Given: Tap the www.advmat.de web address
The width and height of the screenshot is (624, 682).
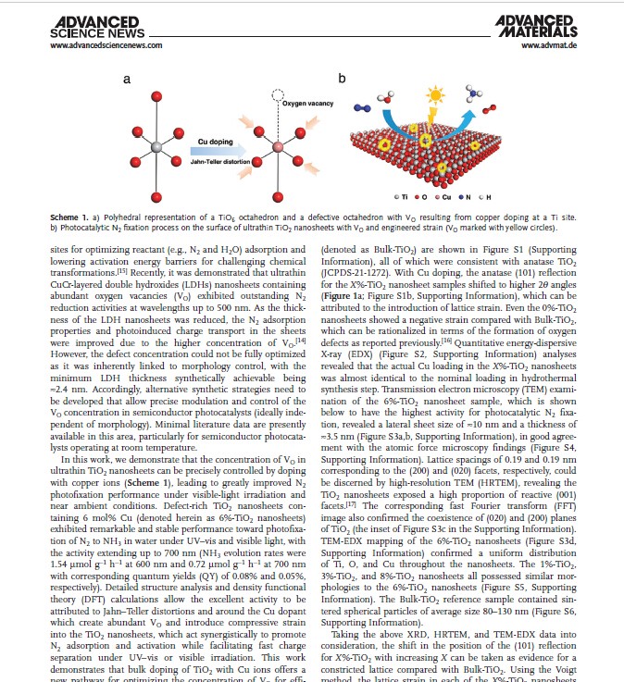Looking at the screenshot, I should point(549,44).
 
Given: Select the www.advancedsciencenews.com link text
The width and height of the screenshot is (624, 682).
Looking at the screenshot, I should point(106,44).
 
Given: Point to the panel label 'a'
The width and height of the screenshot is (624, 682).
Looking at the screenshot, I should point(127,80).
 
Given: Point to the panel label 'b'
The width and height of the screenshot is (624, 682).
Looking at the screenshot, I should point(342,80).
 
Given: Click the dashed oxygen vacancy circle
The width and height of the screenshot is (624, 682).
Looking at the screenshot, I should point(276,95).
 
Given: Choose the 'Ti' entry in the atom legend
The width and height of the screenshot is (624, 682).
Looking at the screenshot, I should point(404,198).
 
